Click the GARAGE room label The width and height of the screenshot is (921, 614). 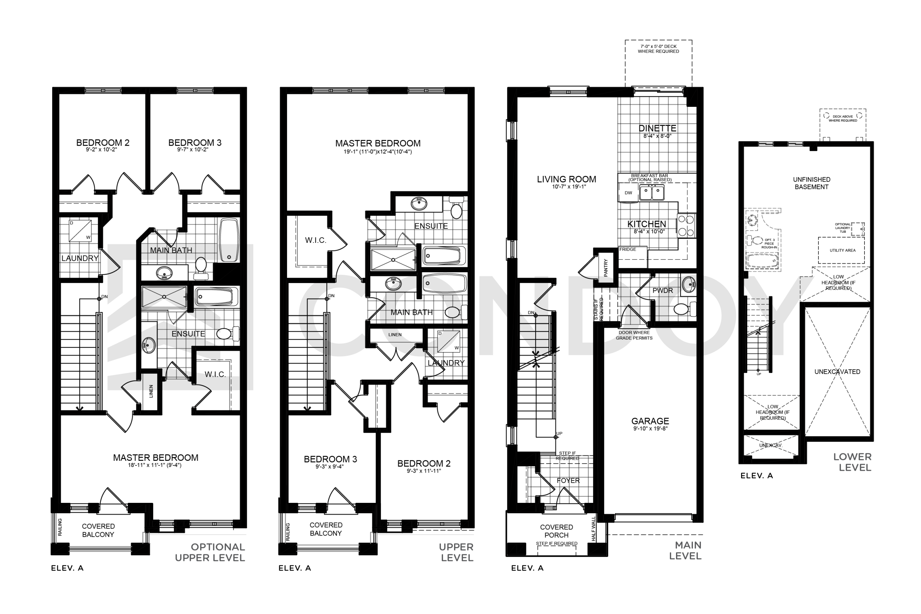click(650, 421)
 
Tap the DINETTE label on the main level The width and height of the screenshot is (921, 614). click(657, 128)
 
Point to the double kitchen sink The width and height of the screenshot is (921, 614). click(652, 193)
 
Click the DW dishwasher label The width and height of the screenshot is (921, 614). click(629, 193)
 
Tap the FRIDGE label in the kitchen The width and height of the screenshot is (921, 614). click(628, 249)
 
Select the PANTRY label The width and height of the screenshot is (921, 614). click(606, 268)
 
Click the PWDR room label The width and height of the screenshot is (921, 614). click(663, 291)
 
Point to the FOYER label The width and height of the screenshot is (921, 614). click(568, 481)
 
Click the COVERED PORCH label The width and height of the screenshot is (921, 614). click(557, 531)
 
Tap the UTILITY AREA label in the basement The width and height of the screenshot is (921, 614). click(843, 250)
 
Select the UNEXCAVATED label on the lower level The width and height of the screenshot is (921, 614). click(837, 372)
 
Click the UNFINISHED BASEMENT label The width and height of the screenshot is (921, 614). click(812, 183)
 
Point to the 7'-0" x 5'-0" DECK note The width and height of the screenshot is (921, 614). click(658, 49)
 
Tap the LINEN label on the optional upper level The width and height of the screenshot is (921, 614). click(151, 391)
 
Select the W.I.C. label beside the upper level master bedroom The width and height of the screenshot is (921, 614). click(315, 240)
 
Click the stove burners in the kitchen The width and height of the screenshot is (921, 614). click(686, 226)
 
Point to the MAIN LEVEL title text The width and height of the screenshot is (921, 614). click(685, 551)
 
